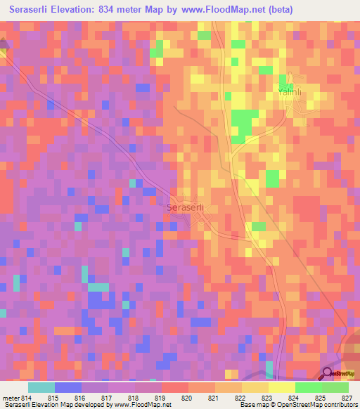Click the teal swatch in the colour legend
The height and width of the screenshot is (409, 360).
point(41,387)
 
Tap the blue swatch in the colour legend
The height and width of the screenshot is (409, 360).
point(68,387)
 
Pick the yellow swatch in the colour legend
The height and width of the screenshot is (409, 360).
point(281,387)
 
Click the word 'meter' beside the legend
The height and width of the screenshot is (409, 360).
point(11,398)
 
